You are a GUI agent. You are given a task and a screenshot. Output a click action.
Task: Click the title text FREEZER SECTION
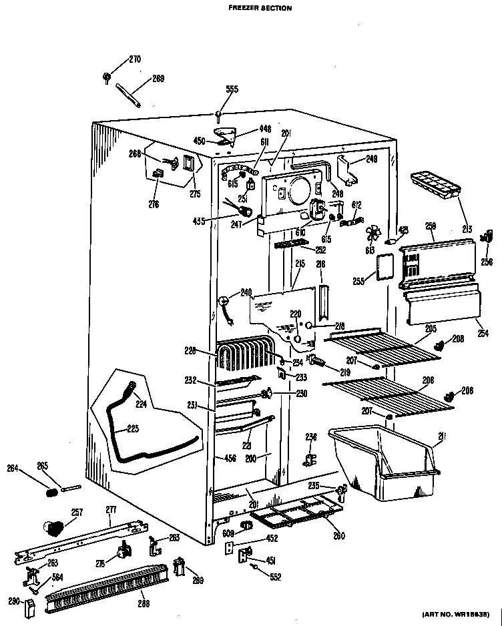coord(251,9)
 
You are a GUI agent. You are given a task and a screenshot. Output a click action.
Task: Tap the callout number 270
coord(134,59)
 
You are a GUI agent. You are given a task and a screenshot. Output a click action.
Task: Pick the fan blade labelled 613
coord(371,234)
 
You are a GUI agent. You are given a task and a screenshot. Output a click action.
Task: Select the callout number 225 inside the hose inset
coord(132,428)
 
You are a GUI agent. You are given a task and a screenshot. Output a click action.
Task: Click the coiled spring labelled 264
coord(49,492)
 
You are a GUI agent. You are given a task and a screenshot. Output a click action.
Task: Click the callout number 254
coord(483,332)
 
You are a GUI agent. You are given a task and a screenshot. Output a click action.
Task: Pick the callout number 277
coord(110,510)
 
